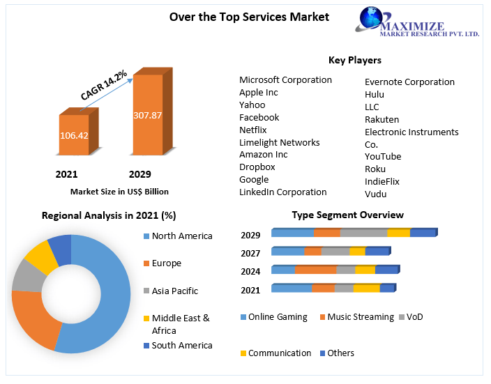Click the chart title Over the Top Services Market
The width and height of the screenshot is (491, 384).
point(249,17)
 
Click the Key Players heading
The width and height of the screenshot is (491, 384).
point(354,60)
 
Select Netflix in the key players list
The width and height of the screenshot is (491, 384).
point(252,130)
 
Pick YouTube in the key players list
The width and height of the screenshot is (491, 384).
point(383,156)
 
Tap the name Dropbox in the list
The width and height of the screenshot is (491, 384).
point(257,167)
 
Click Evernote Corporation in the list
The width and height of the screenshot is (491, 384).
point(409,82)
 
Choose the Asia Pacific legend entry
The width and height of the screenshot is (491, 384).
point(174,291)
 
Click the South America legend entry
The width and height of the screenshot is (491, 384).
point(181,345)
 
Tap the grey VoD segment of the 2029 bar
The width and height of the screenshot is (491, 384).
point(363,233)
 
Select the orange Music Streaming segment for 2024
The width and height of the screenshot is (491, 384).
point(315,270)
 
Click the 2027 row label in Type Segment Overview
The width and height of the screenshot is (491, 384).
point(250,253)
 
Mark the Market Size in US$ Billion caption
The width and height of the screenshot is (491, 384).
point(119,191)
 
